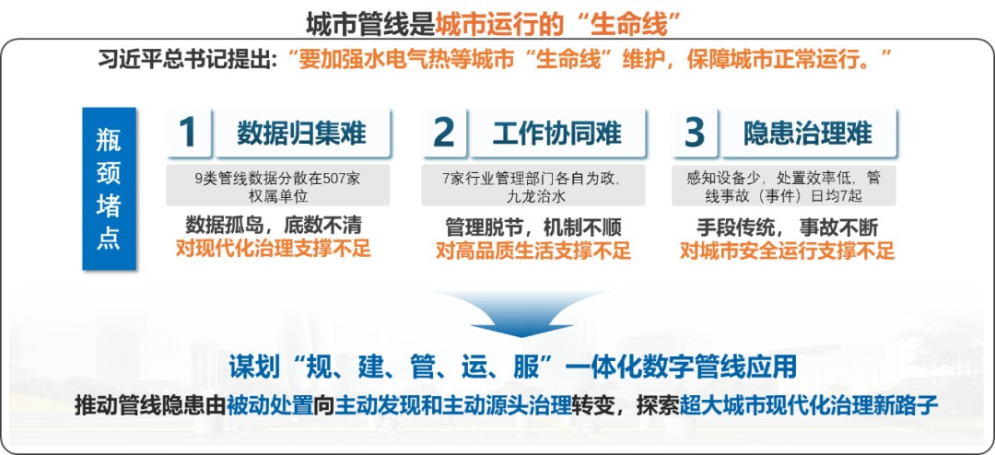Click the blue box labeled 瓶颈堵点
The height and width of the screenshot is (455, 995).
pyautogui.click(x=109, y=189)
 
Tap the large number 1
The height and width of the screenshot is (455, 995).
pyautogui.click(x=188, y=133)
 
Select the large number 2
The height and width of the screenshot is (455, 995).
pyautogui.click(x=443, y=133)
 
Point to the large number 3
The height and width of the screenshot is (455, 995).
pyautogui.click(x=694, y=133)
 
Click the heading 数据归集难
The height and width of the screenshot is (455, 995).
pyautogui.click(x=301, y=134)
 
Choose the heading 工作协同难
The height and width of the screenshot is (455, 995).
pyautogui.click(x=556, y=134)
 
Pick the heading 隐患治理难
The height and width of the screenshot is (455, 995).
pyautogui.click(x=808, y=134)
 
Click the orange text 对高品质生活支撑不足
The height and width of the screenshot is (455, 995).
pyautogui.click(x=533, y=249)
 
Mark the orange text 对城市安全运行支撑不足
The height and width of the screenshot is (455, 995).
pyautogui.click(x=787, y=250)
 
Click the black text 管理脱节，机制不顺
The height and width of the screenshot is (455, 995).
pyautogui.click(x=533, y=225)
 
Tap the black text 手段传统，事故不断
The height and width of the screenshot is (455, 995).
pyautogui.click(x=787, y=226)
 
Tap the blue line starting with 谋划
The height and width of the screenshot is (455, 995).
pyautogui.click(x=512, y=367)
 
